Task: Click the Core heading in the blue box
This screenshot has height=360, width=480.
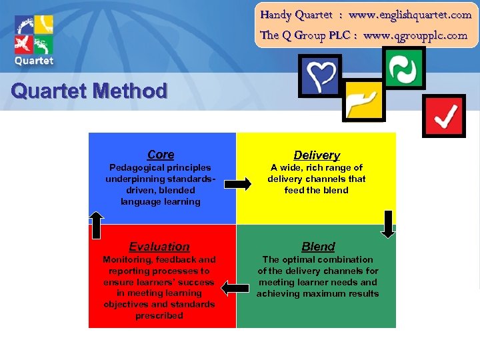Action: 161,155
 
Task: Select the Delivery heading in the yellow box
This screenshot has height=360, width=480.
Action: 317,155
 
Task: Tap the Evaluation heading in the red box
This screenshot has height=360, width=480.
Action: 159,247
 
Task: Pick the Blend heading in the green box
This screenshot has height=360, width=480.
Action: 318,247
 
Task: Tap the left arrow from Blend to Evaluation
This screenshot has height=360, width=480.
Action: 234,287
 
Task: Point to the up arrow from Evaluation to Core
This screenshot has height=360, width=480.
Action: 97,224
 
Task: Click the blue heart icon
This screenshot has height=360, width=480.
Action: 321,74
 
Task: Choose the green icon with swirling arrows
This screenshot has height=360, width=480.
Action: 404,67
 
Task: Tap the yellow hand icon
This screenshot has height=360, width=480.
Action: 363,100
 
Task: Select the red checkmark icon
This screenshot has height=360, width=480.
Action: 445,117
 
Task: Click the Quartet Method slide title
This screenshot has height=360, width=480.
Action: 89,91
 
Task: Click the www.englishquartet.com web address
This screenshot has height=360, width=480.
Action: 409,14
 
